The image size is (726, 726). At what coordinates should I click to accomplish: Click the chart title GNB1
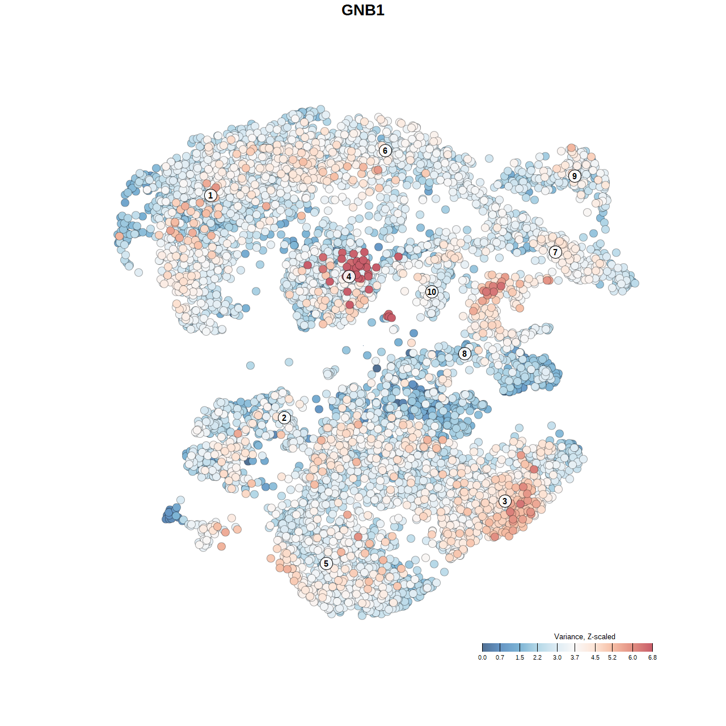(363, 10)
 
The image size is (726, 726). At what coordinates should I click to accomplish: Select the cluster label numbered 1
(210, 196)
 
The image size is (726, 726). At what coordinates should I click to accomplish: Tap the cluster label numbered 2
(284, 418)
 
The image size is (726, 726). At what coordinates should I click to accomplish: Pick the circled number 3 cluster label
(505, 501)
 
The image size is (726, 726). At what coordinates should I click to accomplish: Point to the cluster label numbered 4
(349, 277)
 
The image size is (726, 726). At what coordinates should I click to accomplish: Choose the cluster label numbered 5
(326, 564)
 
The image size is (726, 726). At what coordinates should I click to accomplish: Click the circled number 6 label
(385, 151)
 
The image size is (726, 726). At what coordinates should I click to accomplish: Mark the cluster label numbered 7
(555, 252)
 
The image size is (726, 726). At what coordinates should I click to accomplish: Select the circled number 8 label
(465, 354)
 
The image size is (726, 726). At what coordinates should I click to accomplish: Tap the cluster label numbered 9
(575, 176)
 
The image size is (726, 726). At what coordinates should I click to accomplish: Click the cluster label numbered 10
(432, 292)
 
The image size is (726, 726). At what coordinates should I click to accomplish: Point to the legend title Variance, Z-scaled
(584, 637)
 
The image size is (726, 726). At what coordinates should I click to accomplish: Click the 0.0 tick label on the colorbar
(482, 658)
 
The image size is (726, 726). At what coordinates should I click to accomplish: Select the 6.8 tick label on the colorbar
(652, 658)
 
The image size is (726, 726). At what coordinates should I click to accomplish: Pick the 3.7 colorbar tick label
(575, 658)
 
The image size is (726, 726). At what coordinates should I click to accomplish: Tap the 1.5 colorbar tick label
(520, 658)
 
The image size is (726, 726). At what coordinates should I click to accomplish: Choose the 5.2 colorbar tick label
(612, 658)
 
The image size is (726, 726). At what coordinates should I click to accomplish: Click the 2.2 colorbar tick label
(537, 658)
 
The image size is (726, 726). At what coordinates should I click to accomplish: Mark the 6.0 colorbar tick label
(632, 658)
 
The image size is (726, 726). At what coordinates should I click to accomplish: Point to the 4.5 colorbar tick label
(595, 658)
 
